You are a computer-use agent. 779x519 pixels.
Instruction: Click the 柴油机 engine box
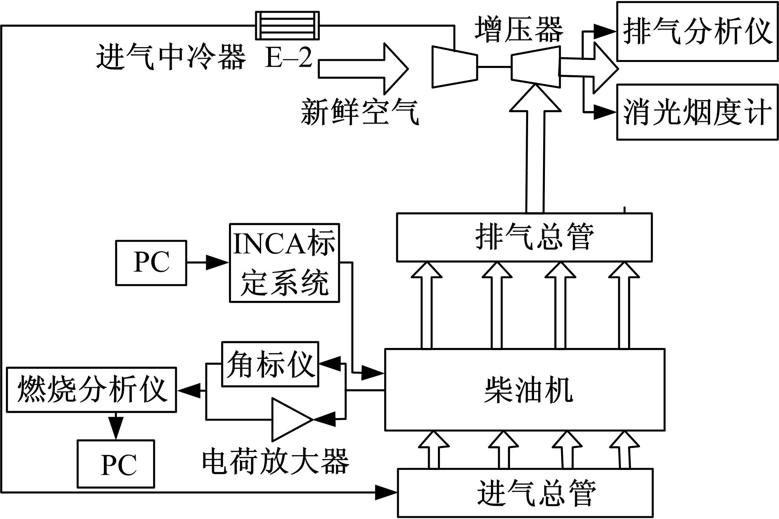(x=525, y=390)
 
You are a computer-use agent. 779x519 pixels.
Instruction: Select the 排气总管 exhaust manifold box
(x=524, y=237)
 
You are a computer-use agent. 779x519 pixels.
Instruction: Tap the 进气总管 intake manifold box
(x=525, y=493)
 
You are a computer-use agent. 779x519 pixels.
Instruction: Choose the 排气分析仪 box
(x=697, y=31)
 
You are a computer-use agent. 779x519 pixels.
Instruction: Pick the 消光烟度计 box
(x=697, y=112)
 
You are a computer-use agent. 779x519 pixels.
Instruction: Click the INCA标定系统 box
(x=284, y=263)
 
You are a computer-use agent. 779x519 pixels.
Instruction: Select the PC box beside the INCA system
(x=151, y=263)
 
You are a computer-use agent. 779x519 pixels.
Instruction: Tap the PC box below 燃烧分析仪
(x=116, y=464)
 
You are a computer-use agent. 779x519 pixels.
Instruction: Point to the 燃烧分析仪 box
(x=92, y=390)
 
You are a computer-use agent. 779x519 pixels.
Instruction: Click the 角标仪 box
(x=270, y=364)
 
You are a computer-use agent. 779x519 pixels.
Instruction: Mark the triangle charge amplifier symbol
(x=290, y=419)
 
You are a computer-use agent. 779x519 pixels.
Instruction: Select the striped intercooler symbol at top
(x=287, y=25)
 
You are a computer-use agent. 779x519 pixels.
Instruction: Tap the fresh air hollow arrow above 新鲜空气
(x=363, y=69)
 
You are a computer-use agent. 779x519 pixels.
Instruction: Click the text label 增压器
(x=518, y=29)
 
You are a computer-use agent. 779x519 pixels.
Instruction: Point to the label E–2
(x=289, y=58)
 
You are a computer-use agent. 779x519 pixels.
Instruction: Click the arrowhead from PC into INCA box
(x=217, y=262)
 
